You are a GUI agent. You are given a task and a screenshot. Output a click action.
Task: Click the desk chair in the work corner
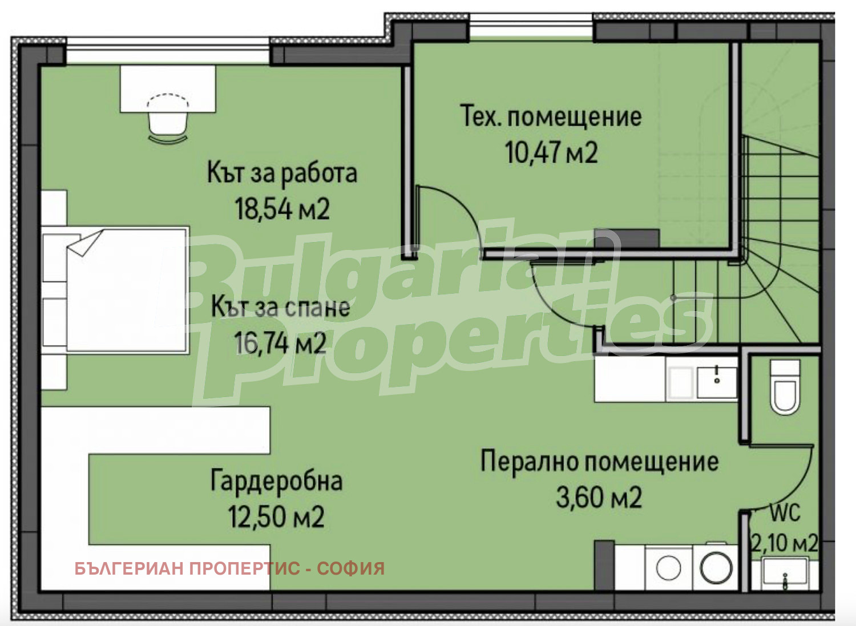[x=168, y=119]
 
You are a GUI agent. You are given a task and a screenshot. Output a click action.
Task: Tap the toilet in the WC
[x=785, y=387]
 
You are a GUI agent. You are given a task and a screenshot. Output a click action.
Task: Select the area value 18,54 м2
[x=282, y=209]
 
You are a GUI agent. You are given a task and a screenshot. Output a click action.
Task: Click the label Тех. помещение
[x=551, y=116]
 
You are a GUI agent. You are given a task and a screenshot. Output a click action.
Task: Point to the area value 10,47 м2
[x=551, y=153]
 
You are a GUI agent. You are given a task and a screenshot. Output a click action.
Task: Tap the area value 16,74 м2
[x=280, y=344]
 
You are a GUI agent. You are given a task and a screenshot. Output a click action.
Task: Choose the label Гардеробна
[x=277, y=481]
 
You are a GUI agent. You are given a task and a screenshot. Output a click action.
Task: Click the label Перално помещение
[x=599, y=461]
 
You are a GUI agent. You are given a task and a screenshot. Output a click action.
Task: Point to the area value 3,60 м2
[x=599, y=498]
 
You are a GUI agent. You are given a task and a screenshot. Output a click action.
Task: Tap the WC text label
[x=785, y=513]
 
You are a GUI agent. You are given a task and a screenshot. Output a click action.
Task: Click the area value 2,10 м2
[x=785, y=543]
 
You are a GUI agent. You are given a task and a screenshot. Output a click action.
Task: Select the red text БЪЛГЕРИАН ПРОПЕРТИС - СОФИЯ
[x=229, y=568]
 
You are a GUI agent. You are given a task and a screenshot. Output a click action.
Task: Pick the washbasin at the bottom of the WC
[x=785, y=572]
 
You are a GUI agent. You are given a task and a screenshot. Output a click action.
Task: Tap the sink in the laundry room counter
[x=717, y=381]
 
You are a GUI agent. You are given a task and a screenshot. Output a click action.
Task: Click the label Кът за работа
[x=282, y=173]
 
